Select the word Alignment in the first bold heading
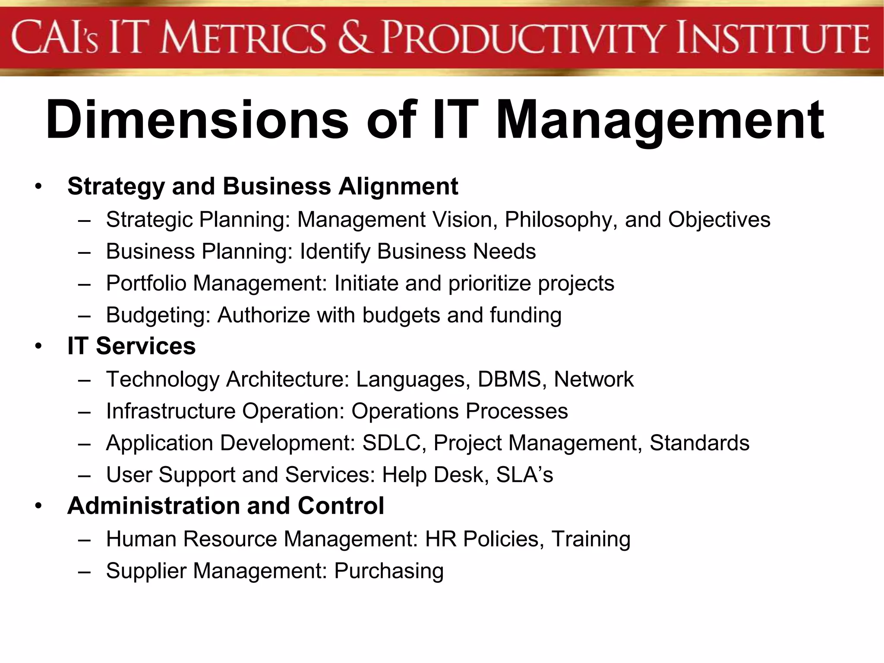(x=398, y=186)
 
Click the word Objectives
(x=719, y=220)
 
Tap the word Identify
(x=335, y=252)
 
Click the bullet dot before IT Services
(x=39, y=347)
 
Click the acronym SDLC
(x=391, y=443)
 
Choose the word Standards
(x=699, y=443)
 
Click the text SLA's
(x=524, y=475)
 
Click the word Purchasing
(x=389, y=571)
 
